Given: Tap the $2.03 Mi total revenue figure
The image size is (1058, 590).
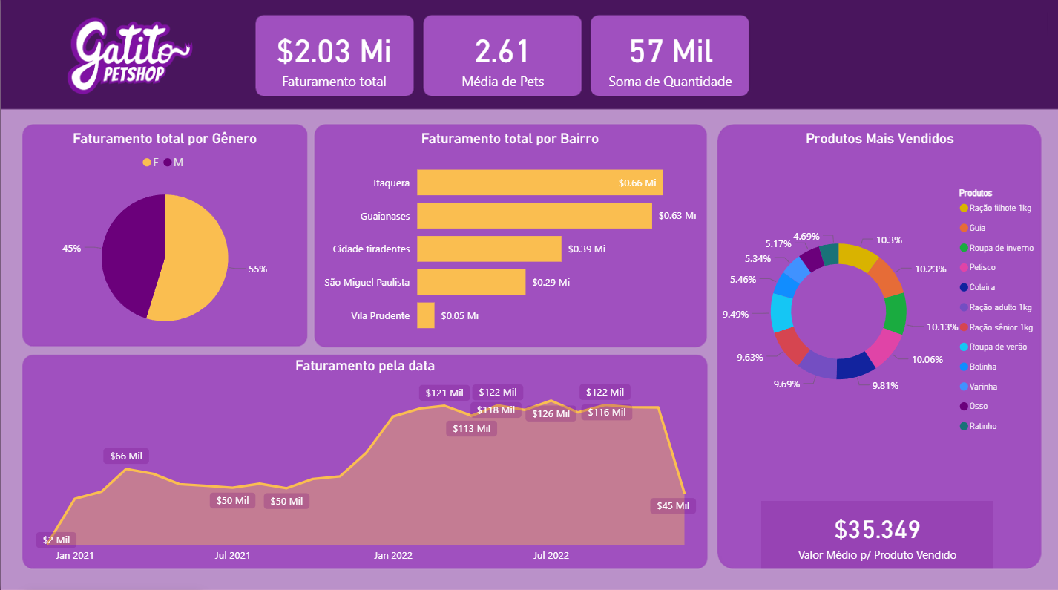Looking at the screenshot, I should coord(334,51).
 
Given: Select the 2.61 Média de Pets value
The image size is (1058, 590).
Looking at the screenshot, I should coord(502,51).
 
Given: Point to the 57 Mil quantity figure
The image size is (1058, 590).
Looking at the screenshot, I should coord(670,51).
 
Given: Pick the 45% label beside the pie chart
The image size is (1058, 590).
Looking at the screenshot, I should coord(72,249).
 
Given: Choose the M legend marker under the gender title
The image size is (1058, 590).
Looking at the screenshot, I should coord(168,163).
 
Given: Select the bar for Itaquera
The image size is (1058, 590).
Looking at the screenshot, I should coord(539,182).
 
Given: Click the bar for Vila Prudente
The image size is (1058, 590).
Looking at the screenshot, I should coord(426,315).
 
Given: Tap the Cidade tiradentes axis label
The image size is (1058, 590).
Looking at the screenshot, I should coord(371,249).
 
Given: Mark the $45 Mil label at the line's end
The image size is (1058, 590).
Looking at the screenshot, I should coord(673,506).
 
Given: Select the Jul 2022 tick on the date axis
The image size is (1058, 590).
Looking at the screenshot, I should coord(551,555).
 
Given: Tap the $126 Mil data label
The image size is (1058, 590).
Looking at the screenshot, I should coord(551,413).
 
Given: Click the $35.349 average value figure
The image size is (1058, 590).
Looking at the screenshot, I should coord(877,529).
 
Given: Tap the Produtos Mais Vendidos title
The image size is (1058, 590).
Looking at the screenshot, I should coord(879,139).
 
